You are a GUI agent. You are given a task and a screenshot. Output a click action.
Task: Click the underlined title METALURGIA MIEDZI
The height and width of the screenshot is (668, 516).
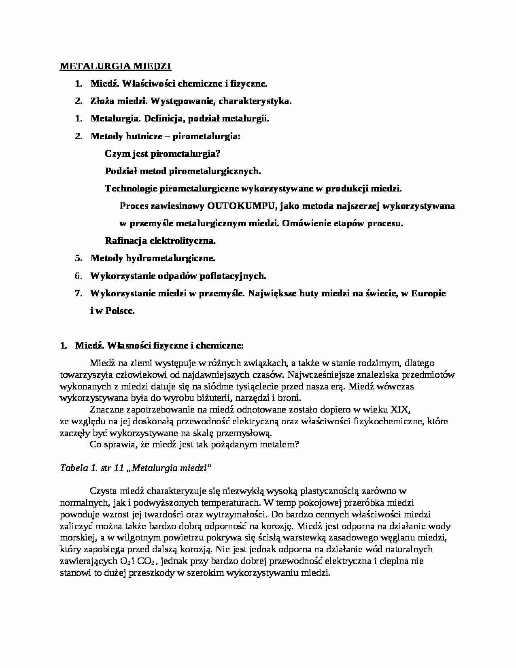pyautogui.click(x=116, y=66)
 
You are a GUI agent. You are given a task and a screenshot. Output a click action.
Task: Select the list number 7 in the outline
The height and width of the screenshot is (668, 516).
pyautogui.click(x=79, y=294)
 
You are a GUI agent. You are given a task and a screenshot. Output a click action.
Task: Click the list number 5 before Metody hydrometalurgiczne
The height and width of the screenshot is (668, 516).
pyautogui.click(x=79, y=258)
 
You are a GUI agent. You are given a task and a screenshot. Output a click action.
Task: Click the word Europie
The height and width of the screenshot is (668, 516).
pyautogui.click(x=429, y=294)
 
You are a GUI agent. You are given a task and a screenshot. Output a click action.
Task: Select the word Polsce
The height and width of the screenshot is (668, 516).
pyautogui.click(x=119, y=311)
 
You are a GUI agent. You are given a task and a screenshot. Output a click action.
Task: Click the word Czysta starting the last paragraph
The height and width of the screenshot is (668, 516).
pyautogui.click(x=103, y=491)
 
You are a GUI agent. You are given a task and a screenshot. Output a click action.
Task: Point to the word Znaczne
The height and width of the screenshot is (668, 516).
pyautogui.click(x=106, y=409)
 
